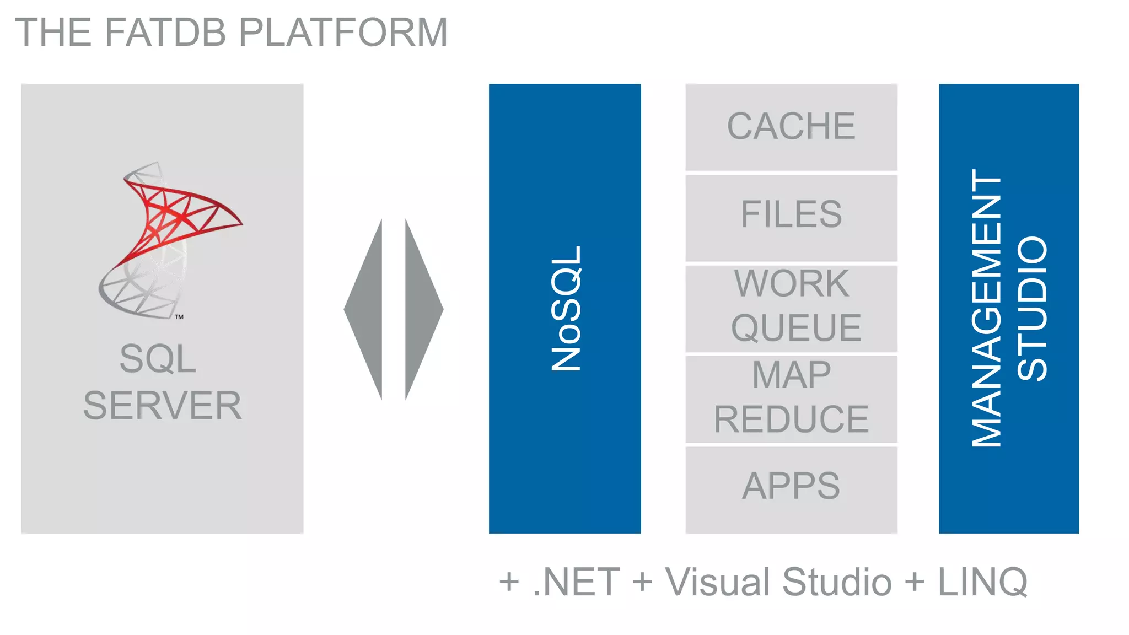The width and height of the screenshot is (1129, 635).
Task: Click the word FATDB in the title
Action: tap(165, 32)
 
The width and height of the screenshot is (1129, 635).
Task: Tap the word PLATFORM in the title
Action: tap(343, 32)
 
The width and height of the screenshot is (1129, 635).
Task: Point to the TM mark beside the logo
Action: tap(179, 317)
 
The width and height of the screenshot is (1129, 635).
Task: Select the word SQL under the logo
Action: tap(158, 359)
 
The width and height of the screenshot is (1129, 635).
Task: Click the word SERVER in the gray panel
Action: tap(163, 406)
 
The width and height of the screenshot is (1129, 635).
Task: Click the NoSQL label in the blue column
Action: tap(566, 308)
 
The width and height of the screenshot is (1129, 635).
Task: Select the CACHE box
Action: tap(791, 126)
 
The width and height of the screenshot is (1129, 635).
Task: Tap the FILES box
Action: tap(791, 214)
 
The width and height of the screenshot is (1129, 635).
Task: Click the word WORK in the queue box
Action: tap(791, 284)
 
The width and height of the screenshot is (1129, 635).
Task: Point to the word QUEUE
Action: tap(796, 328)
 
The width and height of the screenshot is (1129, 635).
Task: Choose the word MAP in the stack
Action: tap(791, 375)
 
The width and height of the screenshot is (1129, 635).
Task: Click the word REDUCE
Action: tap(791, 419)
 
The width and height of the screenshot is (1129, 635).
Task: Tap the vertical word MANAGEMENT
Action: tap(987, 308)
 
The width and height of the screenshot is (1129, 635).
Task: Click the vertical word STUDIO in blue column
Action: tap(1033, 308)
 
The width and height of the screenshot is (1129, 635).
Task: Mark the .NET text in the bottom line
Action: tap(576, 582)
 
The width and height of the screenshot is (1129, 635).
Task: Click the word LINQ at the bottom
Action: tap(983, 582)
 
